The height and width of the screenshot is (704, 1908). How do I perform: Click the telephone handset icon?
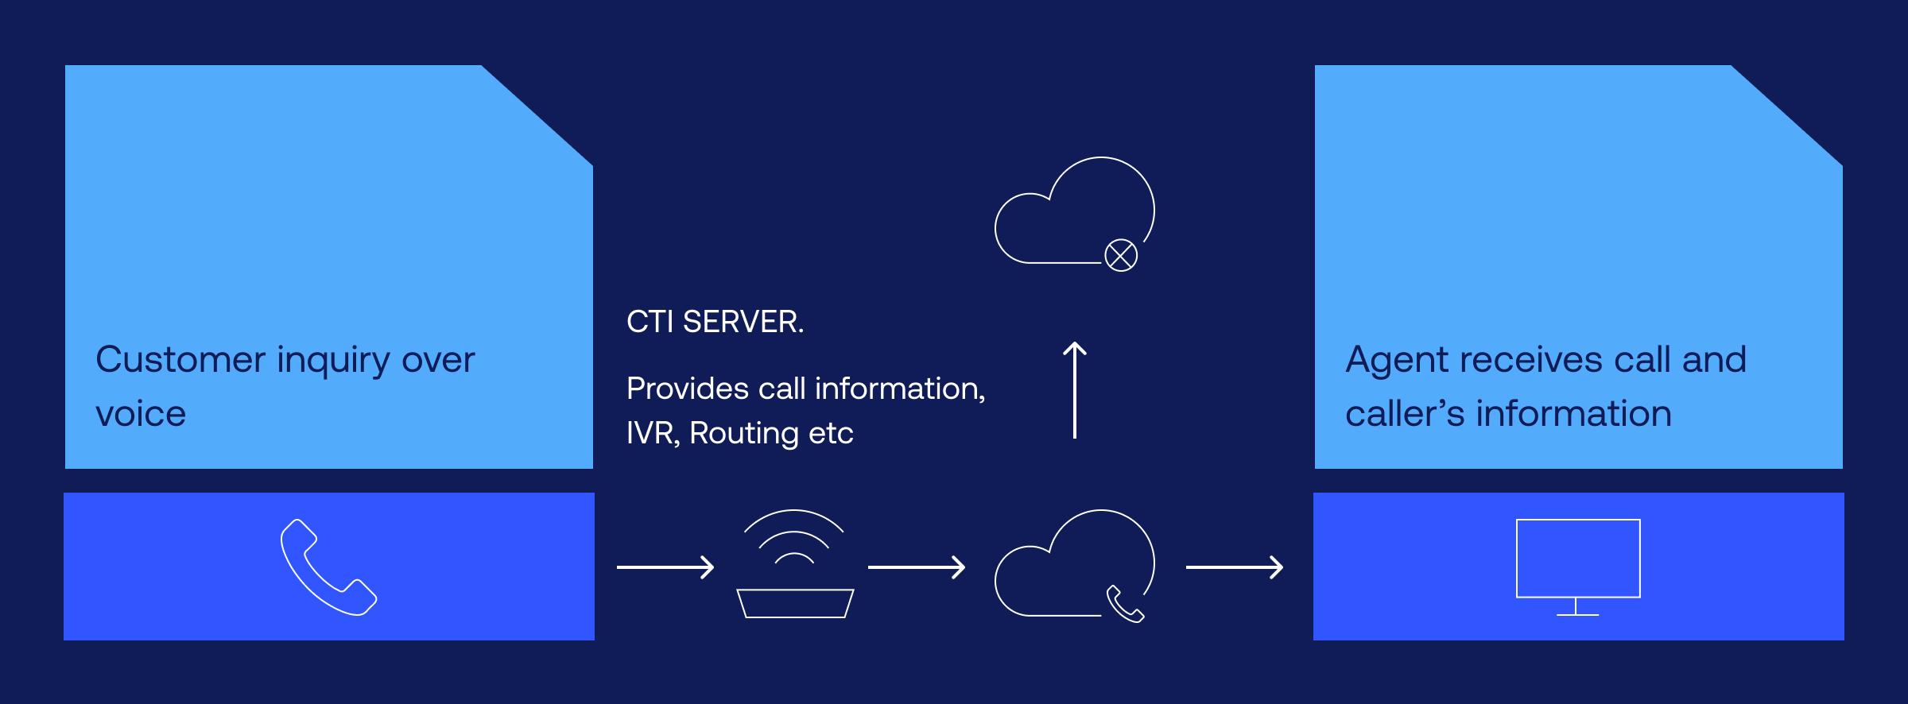pyautogui.click(x=328, y=567)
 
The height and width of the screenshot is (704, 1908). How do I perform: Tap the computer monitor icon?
pyautogui.click(x=1578, y=559)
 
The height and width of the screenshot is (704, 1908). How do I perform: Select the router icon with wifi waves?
pyautogui.click(x=794, y=565)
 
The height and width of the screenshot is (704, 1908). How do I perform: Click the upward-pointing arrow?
pyautogui.click(x=1075, y=389)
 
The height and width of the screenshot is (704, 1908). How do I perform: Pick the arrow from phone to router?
pyautogui.click(x=665, y=567)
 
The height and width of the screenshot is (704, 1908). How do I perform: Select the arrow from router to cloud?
pyautogui.click(x=917, y=567)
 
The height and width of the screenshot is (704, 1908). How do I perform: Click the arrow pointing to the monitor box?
pyautogui.click(x=1235, y=567)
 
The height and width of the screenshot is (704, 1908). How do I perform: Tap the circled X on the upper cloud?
pyautogui.click(x=1121, y=256)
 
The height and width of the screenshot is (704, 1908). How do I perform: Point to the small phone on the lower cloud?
pyautogui.click(x=1125, y=604)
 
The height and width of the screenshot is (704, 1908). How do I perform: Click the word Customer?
pyautogui.click(x=180, y=360)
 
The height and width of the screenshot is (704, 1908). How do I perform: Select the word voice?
pyautogui.click(x=141, y=414)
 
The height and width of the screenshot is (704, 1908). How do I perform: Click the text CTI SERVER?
pyautogui.click(x=715, y=322)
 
